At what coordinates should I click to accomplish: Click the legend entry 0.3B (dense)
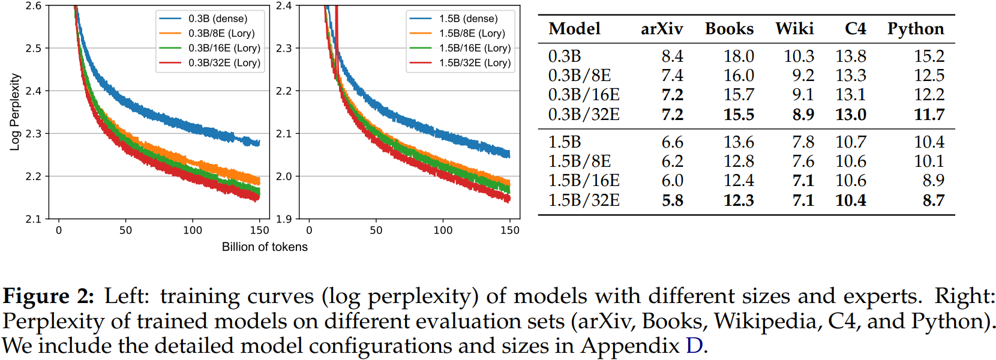pyautogui.click(x=217, y=19)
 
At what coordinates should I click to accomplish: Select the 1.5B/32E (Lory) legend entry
pyautogui.click(x=475, y=62)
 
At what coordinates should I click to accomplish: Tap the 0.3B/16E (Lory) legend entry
pyautogui.click(x=224, y=48)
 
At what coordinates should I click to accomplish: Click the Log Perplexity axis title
pyautogui.click(x=15, y=112)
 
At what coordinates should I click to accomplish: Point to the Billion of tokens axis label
pyautogui.click(x=265, y=247)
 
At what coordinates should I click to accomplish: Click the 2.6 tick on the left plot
pyautogui.click(x=34, y=6)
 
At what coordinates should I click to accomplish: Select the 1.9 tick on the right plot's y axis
pyautogui.click(x=284, y=219)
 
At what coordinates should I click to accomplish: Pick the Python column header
pyautogui.click(x=916, y=29)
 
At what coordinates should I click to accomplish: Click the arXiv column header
pyautogui.click(x=662, y=29)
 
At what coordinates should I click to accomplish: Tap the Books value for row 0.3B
pyautogui.click(x=739, y=56)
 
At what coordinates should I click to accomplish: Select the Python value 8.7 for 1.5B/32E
pyautogui.click(x=934, y=200)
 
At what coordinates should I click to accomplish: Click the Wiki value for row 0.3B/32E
pyautogui.click(x=803, y=115)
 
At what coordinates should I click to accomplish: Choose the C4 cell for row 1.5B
pyautogui.click(x=851, y=142)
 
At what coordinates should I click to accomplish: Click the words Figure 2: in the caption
pyautogui.click(x=49, y=296)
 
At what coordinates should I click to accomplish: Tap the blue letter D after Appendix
pyautogui.click(x=694, y=346)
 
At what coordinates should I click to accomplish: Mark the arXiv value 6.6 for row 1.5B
pyautogui.click(x=672, y=142)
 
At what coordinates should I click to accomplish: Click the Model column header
pyautogui.click(x=574, y=29)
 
